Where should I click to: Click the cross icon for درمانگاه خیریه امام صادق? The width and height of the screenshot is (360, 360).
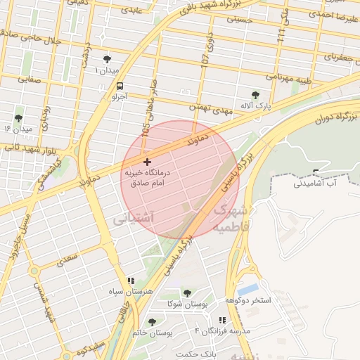pos(146,162)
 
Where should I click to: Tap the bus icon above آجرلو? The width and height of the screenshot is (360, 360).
pos(120,86)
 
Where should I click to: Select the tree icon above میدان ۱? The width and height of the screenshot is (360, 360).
pos(107,60)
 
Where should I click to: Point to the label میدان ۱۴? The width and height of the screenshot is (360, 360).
pos(18,129)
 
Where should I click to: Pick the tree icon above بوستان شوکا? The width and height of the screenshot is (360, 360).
pos(186,293)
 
